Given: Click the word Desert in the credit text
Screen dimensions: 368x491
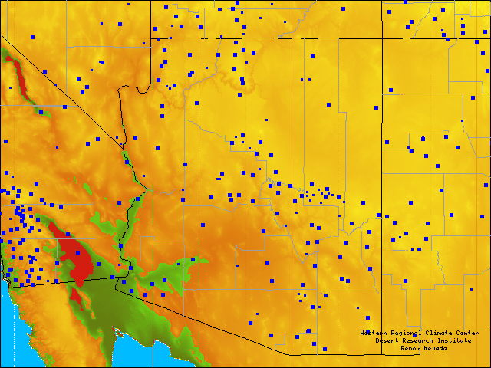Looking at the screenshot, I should click(x=389, y=340).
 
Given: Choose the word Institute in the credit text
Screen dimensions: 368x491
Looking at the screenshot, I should click(x=456, y=340).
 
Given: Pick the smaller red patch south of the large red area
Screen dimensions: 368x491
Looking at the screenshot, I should click(x=75, y=293).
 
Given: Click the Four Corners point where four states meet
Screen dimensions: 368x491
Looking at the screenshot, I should click(x=382, y=38).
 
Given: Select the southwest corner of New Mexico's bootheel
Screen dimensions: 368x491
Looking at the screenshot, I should click(x=382, y=354).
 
